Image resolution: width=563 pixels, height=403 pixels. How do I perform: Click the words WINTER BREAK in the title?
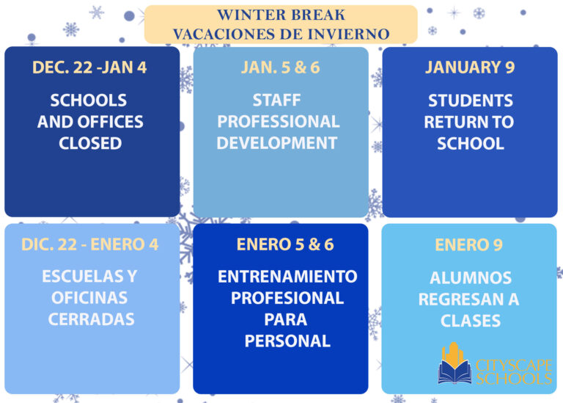(x=281, y=15)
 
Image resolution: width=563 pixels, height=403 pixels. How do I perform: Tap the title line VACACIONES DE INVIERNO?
(x=281, y=34)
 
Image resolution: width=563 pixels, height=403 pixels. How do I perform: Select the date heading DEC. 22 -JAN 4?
(x=89, y=68)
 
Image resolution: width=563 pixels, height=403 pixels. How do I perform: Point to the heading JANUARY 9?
(x=470, y=68)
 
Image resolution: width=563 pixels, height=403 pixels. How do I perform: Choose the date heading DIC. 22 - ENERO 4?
(x=89, y=244)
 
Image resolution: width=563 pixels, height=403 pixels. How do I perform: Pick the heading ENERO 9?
(x=469, y=244)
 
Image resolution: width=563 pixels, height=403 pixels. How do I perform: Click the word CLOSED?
(x=90, y=143)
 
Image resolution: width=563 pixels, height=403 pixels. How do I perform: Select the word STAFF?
(x=276, y=100)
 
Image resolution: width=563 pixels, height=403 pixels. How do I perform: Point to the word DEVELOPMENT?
(x=277, y=142)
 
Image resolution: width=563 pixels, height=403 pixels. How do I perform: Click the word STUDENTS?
(x=471, y=101)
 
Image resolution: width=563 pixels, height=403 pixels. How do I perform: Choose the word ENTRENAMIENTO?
(x=287, y=277)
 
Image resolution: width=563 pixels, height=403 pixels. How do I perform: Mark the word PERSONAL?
(x=287, y=341)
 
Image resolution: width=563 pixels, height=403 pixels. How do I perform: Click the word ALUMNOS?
(x=471, y=278)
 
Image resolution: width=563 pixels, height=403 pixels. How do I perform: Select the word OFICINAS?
(x=89, y=298)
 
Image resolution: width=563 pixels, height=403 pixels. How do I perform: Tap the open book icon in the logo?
(x=455, y=371)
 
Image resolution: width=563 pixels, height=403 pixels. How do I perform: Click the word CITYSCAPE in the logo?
(x=513, y=365)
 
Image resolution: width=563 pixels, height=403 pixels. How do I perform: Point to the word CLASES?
(x=471, y=321)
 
